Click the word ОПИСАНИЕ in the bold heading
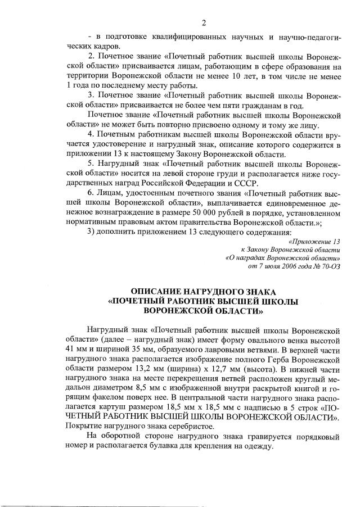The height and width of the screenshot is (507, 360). pyautogui.click(x=159, y=292)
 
